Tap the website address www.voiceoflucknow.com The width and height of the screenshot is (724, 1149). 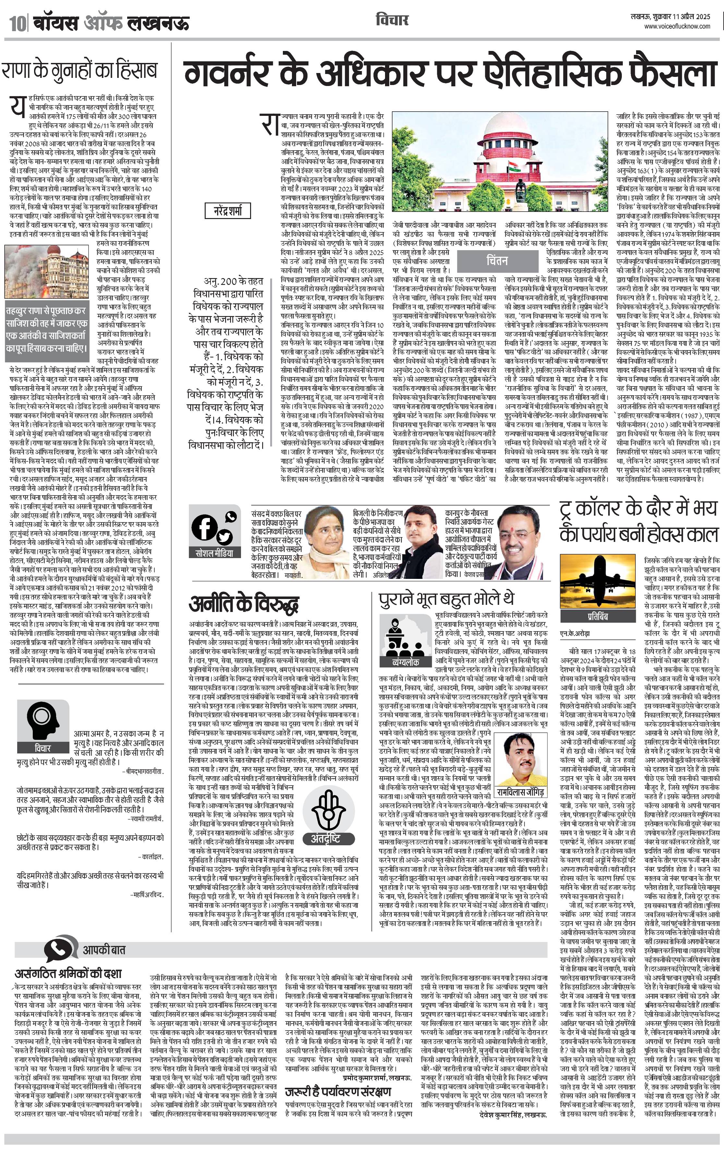677,26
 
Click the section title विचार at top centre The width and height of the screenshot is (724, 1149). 392,20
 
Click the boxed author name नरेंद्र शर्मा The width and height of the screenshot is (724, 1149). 228,210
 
